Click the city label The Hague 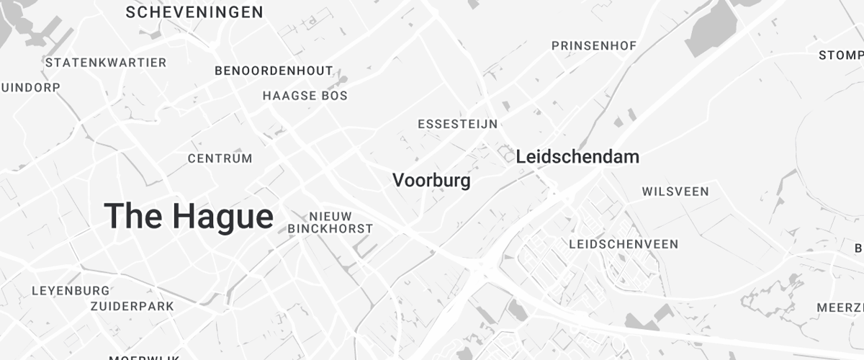(x=189, y=216)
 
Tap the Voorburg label (x=431, y=180)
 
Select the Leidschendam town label (x=577, y=156)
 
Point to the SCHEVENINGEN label (x=194, y=12)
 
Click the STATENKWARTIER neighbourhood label (x=106, y=63)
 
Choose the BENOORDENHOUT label (x=274, y=71)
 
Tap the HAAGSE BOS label (x=305, y=95)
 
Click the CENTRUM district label (x=220, y=158)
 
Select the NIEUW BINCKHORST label (x=330, y=222)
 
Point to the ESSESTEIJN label (x=457, y=124)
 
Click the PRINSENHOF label (x=594, y=46)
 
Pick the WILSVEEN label (x=675, y=192)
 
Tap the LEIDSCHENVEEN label (x=624, y=244)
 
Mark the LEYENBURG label (x=71, y=291)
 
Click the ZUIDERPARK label (x=132, y=306)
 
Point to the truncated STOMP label (x=841, y=55)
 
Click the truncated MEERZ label (x=840, y=307)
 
